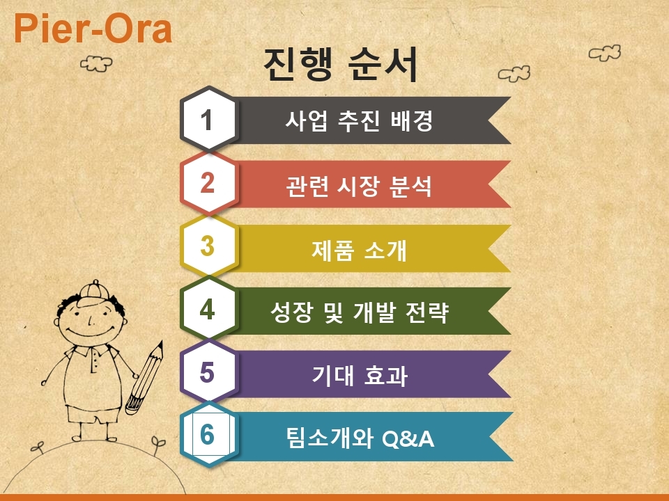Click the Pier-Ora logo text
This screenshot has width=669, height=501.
[93, 29]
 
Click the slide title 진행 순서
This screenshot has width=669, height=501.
[341, 64]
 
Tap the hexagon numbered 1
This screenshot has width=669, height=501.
[208, 119]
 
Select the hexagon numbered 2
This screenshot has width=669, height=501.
[208, 182]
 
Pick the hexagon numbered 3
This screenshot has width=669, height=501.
[208, 246]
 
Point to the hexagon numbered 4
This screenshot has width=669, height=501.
[208, 309]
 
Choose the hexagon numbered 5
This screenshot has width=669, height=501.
[208, 372]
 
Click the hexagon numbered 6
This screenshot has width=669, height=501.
[208, 434]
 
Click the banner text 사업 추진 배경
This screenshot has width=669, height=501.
[360, 120]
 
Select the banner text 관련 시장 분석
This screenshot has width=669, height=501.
[359, 186]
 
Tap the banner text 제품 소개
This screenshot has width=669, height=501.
[360, 250]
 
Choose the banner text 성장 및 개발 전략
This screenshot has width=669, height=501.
[360, 312]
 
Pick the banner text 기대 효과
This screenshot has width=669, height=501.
[360, 375]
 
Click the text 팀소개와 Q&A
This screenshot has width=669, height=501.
[360, 438]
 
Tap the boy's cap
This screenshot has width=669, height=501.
[94, 292]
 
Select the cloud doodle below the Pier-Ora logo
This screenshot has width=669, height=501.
[96, 64]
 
